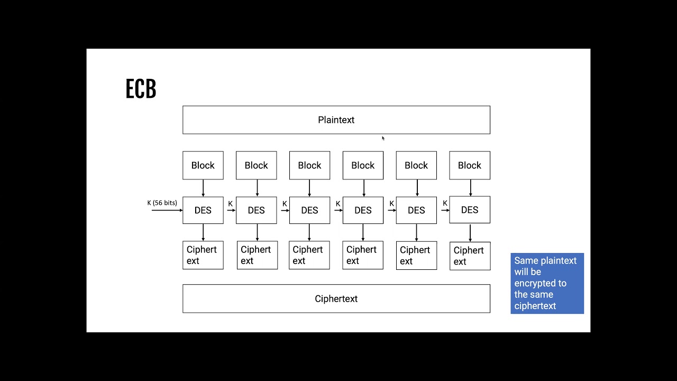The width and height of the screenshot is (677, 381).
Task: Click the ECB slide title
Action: (141, 89)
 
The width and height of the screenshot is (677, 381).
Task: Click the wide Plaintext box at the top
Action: (336, 120)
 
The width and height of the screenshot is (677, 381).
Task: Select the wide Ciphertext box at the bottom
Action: (336, 298)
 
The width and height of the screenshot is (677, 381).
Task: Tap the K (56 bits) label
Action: (162, 203)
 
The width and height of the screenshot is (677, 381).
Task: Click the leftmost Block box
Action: (203, 165)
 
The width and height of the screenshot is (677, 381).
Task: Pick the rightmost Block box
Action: (470, 165)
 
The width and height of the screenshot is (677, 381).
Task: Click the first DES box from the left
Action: (203, 210)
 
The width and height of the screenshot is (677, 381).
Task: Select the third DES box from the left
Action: (309, 210)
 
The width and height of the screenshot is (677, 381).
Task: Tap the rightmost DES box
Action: (470, 210)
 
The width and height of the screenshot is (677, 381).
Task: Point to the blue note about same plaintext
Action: (547, 283)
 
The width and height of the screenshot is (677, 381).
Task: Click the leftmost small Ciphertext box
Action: (203, 255)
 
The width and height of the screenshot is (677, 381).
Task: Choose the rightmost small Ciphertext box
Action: (470, 256)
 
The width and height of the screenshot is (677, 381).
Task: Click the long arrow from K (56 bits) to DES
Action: (167, 210)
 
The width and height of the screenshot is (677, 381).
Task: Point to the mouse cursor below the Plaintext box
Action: (383, 138)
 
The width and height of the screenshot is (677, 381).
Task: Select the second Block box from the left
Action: (256, 165)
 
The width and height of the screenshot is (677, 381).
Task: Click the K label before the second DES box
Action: (230, 204)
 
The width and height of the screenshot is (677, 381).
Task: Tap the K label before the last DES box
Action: (445, 203)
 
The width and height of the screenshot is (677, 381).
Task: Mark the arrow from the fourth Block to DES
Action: (363, 187)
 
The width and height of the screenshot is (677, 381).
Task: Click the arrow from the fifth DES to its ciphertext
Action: (416, 232)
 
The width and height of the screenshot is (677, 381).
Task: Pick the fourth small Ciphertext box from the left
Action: (363, 255)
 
